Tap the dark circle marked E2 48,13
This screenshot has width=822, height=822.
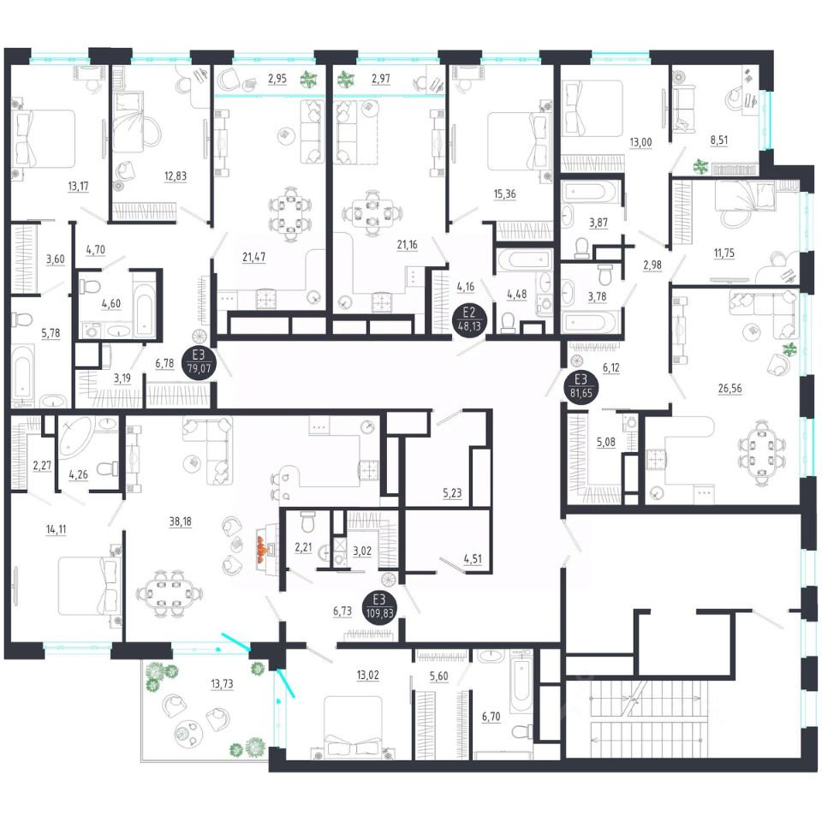[x=469, y=319]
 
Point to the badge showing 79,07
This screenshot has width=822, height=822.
[x=199, y=364]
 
